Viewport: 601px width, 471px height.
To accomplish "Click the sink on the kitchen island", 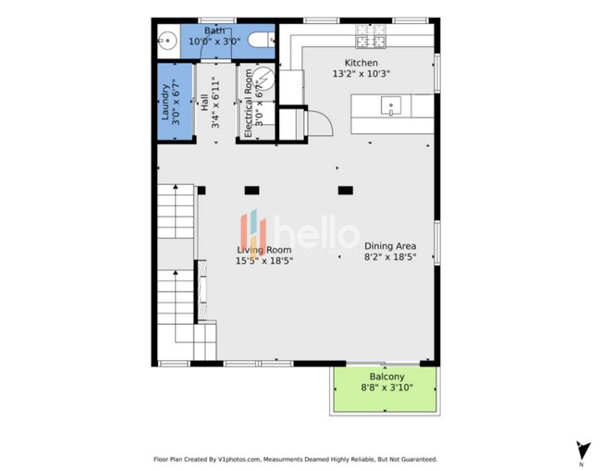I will (392, 105).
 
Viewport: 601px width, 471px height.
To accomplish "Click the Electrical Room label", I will (248, 104).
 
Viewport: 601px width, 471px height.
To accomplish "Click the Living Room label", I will (264, 250).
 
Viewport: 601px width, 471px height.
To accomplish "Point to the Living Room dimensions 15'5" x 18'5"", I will (264, 261).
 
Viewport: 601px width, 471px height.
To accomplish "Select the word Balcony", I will (386, 378).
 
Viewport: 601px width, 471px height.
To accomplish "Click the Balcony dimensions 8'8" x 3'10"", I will (386, 389).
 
